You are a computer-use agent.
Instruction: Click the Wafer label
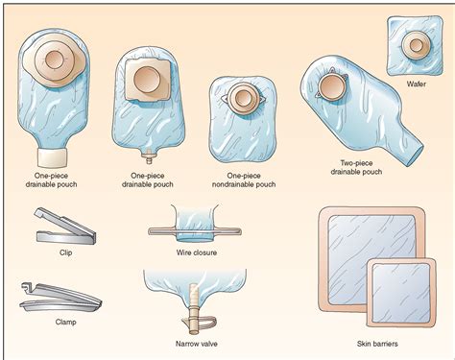pos(416,84)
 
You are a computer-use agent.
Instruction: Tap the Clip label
pos(65,252)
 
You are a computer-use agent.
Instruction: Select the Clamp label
pos(65,322)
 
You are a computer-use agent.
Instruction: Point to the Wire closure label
pos(197,252)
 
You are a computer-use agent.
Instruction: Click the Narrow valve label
pos(197,344)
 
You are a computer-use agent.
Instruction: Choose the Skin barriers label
pos(377,344)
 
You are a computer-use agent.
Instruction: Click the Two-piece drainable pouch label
pos(356,167)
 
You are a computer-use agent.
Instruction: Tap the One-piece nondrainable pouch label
pos(244,180)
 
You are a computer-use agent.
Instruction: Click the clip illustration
pos(65,226)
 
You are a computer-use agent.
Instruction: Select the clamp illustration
pos(60,296)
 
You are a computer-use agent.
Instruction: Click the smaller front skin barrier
pos(401,293)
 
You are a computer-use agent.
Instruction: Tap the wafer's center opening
pos(416,45)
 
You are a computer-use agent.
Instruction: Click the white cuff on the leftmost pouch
pos(53,157)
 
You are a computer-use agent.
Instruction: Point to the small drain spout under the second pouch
pos(149,156)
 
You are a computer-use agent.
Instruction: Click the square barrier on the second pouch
pos(147,80)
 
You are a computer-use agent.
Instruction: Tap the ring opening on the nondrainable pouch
pos(243,98)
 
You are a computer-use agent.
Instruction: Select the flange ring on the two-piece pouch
pos(332,86)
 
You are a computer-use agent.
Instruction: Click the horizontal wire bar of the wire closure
pos(195,231)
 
